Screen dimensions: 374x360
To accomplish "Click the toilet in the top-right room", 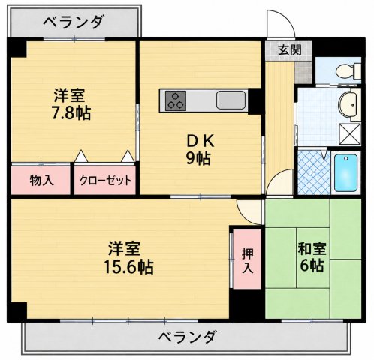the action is (x=348, y=70).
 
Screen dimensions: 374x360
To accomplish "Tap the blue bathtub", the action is (x=345, y=172).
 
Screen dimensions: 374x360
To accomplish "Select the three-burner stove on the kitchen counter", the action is (x=176, y=100).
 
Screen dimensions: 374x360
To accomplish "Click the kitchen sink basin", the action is (x=231, y=100).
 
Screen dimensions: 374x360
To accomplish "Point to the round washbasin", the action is (x=348, y=104).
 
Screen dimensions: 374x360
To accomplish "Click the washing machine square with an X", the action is (x=350, y=133).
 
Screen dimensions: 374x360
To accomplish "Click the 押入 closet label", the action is (x=248, y=261).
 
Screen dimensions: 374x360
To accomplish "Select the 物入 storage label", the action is (x=41, y=180).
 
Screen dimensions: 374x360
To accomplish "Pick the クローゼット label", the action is (x=105, y=180).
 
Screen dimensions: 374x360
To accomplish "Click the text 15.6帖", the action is (x=128, y=267).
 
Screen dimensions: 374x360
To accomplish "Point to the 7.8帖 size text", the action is (x=71, y=113).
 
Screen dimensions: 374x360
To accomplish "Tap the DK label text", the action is (x=201, y=142).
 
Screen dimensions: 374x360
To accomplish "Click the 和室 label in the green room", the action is (x=312, y=249).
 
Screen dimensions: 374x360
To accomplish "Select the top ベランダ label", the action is (x=73, y=22).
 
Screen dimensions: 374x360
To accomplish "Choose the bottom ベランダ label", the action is (x=187, y=337).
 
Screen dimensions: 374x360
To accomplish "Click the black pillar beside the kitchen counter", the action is (x=255, y=101).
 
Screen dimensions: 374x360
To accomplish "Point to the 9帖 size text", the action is (x=198, y=158).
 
